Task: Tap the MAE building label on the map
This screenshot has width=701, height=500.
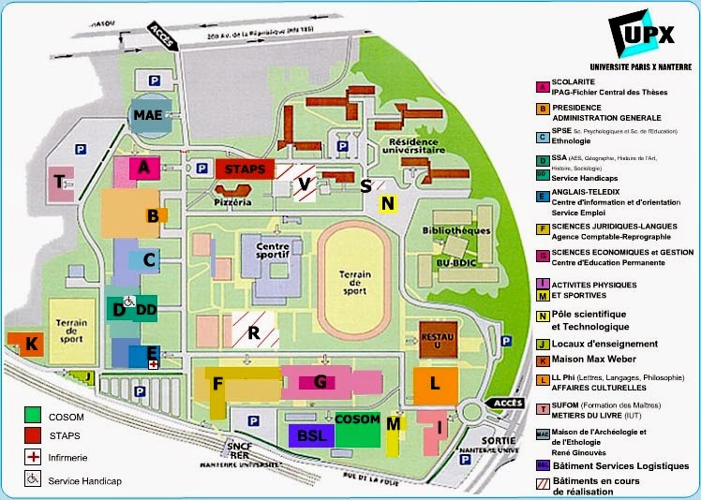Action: [148, 114]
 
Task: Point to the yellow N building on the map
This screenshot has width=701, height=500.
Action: [387, 203]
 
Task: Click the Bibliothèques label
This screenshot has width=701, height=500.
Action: [456, 229]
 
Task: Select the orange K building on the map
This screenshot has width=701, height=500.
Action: [31, 344]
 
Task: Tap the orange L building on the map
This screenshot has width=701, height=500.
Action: [435, 383]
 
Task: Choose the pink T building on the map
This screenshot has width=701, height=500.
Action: [61, 184]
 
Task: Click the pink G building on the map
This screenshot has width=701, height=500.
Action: [321, 380]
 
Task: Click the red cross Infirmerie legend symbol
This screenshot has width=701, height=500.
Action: [35, 457]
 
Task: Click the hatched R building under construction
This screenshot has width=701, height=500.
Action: [252, 331]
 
